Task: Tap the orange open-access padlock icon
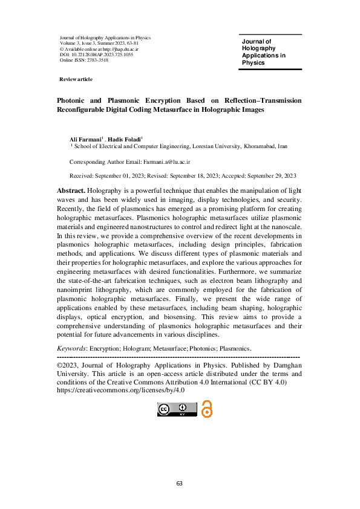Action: click(208, 409)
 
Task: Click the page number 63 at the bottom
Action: click(180, 484)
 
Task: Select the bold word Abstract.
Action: click(67, 190)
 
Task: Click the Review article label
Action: click(76, 80)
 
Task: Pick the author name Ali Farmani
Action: click(81, 140)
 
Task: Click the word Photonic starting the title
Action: click(75, 100)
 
